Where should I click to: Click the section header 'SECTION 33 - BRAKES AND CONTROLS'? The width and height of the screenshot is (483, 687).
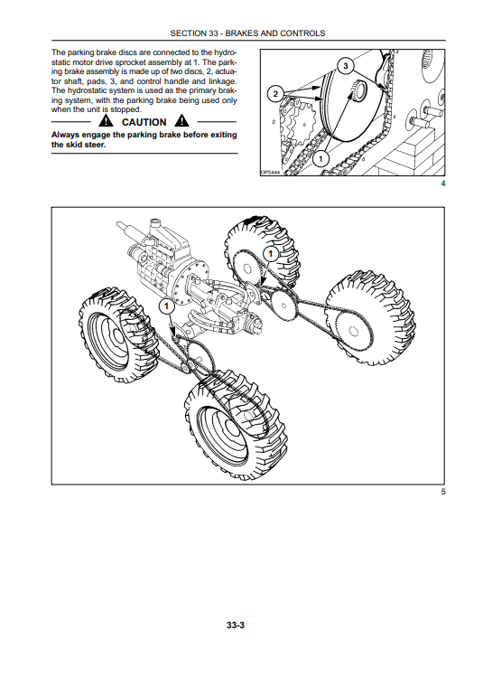(247, 33)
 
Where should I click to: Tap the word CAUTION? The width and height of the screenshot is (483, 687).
(144, 122)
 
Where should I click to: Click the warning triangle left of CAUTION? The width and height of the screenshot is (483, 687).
(106, 120)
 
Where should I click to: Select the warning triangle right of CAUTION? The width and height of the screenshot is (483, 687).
(181, 120)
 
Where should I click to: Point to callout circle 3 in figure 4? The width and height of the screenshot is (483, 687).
(346, 66)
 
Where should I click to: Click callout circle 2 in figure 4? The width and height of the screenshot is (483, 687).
(275, 94)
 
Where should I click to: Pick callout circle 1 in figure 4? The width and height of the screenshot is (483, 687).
(321, 157)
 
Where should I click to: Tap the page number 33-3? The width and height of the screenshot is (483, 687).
(236, 626)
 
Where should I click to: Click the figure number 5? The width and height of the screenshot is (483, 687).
(443, 492)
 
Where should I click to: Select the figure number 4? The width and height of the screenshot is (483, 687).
(443, 184)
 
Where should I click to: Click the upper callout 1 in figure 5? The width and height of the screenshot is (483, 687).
(270, 254)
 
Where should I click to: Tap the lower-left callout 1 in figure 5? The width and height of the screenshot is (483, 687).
(166, 306)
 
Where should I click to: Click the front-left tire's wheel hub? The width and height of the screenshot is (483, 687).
(115, 335)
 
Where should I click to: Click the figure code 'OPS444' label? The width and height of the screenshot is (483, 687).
(270, 173)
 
